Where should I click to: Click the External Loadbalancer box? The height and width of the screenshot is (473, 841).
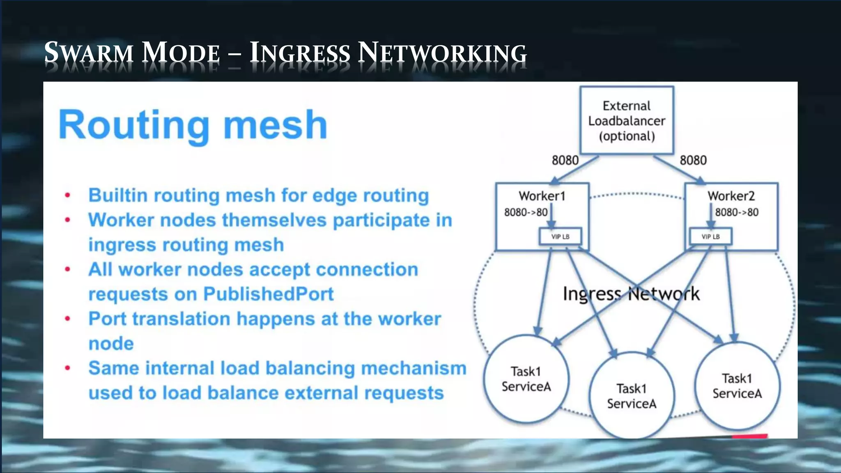tap(627, 121)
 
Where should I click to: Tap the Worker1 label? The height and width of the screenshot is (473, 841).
tap(542, 196)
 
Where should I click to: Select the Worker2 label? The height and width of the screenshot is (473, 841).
tap(731, 196)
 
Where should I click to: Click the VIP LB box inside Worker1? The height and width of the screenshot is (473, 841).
tap(560, 236)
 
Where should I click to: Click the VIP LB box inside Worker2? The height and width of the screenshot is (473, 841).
tap(710, 236)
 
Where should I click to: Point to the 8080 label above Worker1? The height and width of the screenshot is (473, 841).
tap(565, 160)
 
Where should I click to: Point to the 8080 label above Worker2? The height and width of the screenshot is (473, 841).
tap(693, 160)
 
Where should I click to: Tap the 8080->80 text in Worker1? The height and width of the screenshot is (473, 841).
tap(526, 212)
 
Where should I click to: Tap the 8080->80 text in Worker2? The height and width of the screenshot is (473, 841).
tap(737, 212)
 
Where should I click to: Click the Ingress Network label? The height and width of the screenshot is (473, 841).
tap(631, 294)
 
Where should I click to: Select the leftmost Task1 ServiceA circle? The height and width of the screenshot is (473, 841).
tap(526, 379)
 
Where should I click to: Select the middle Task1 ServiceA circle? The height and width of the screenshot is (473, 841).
tap(632, 396)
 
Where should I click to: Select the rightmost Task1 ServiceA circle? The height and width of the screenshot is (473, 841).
tap(737, 386)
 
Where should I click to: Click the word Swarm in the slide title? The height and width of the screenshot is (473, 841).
tap(89, 53)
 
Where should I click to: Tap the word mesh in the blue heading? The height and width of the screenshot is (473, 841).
tap(275, 125)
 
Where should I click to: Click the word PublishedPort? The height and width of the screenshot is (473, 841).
tap(268, 294)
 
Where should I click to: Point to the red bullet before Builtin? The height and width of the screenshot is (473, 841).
tap(68, 195)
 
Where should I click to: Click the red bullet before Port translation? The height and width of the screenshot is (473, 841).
tap(68, 319)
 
